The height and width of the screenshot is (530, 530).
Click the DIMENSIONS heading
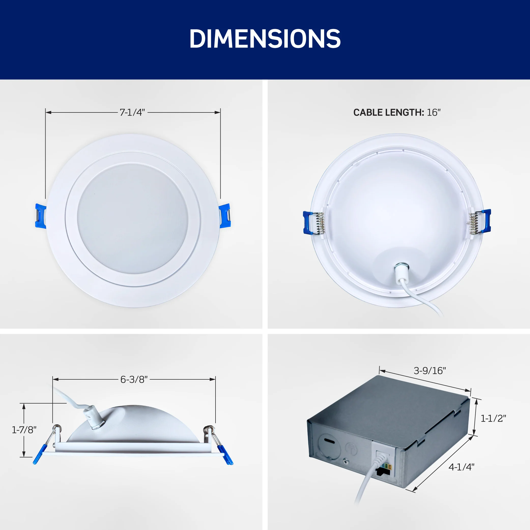coord(265,39)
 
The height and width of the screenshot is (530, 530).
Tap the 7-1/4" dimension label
coord(132,112)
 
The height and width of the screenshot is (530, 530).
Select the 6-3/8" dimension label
coord(134,379)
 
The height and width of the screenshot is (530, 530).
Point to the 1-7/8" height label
coord(24,430)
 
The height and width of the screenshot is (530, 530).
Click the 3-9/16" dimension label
coord(430,371)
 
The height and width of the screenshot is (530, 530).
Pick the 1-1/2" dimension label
coord(493,418)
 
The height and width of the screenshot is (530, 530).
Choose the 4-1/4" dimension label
coord(461,467)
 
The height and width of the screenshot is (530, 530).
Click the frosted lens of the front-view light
coord(133,218)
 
